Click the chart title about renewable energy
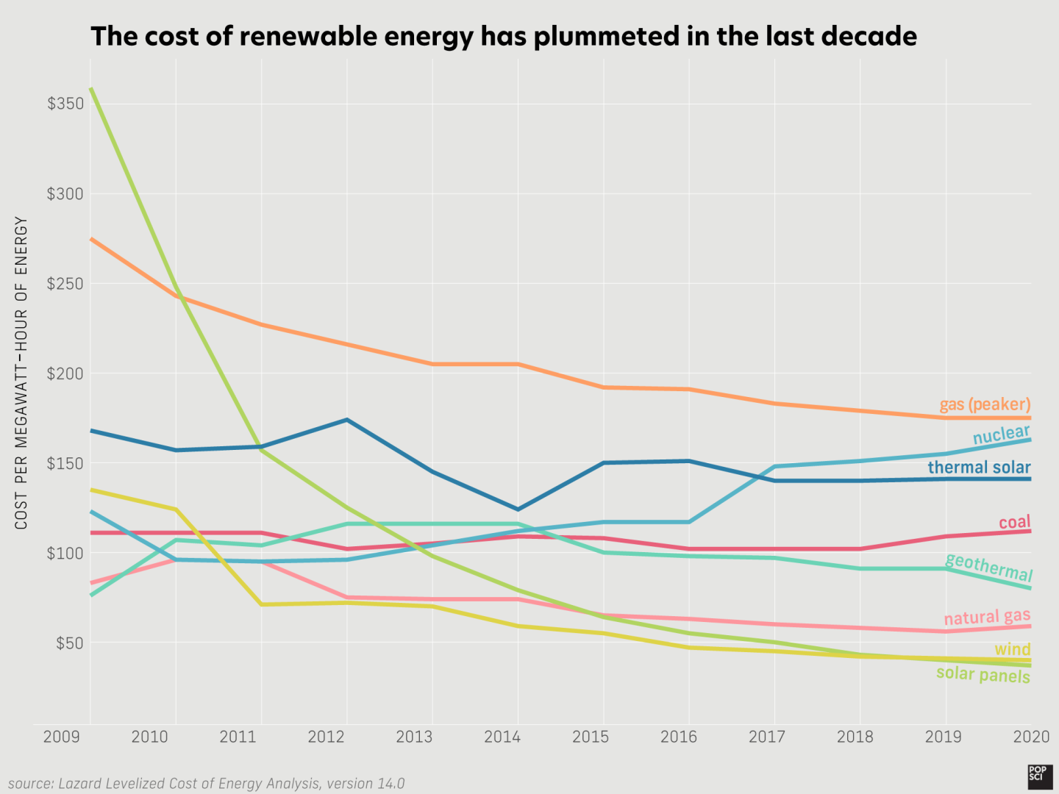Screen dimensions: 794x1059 (x=504, y=36)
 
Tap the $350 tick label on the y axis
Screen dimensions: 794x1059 (x=65, y=104)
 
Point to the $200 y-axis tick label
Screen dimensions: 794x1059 (x=65, y=373)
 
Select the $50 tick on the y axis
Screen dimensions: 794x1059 (x=69, y=643)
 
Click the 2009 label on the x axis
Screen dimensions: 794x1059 (x=62, y=737)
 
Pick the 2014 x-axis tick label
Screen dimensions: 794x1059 (x=502, y=737)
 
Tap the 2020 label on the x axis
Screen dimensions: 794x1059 (x=1031, y=737)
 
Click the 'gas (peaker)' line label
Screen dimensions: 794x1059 (x=985, y=404)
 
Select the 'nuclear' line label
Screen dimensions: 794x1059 (x=1001, y=434)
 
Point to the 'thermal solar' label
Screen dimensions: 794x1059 (x=979, y=468)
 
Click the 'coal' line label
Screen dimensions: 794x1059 (x=1014, y=522)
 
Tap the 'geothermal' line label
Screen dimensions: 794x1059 (x=988, y=567)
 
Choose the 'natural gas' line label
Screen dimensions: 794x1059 (x=987, y=617)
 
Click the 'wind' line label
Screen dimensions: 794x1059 (x=1012, y=649)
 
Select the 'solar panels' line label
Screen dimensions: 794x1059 (x=983, y=674)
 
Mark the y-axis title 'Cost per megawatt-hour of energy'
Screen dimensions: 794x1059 (x=21, y=373)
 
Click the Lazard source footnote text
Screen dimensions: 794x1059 (x=206, y=784)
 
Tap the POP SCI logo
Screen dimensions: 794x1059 (x=1040, y=776)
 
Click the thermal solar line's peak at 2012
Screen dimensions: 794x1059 (x=346, y=420)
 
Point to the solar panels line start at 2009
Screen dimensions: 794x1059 (x=91, y=90)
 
